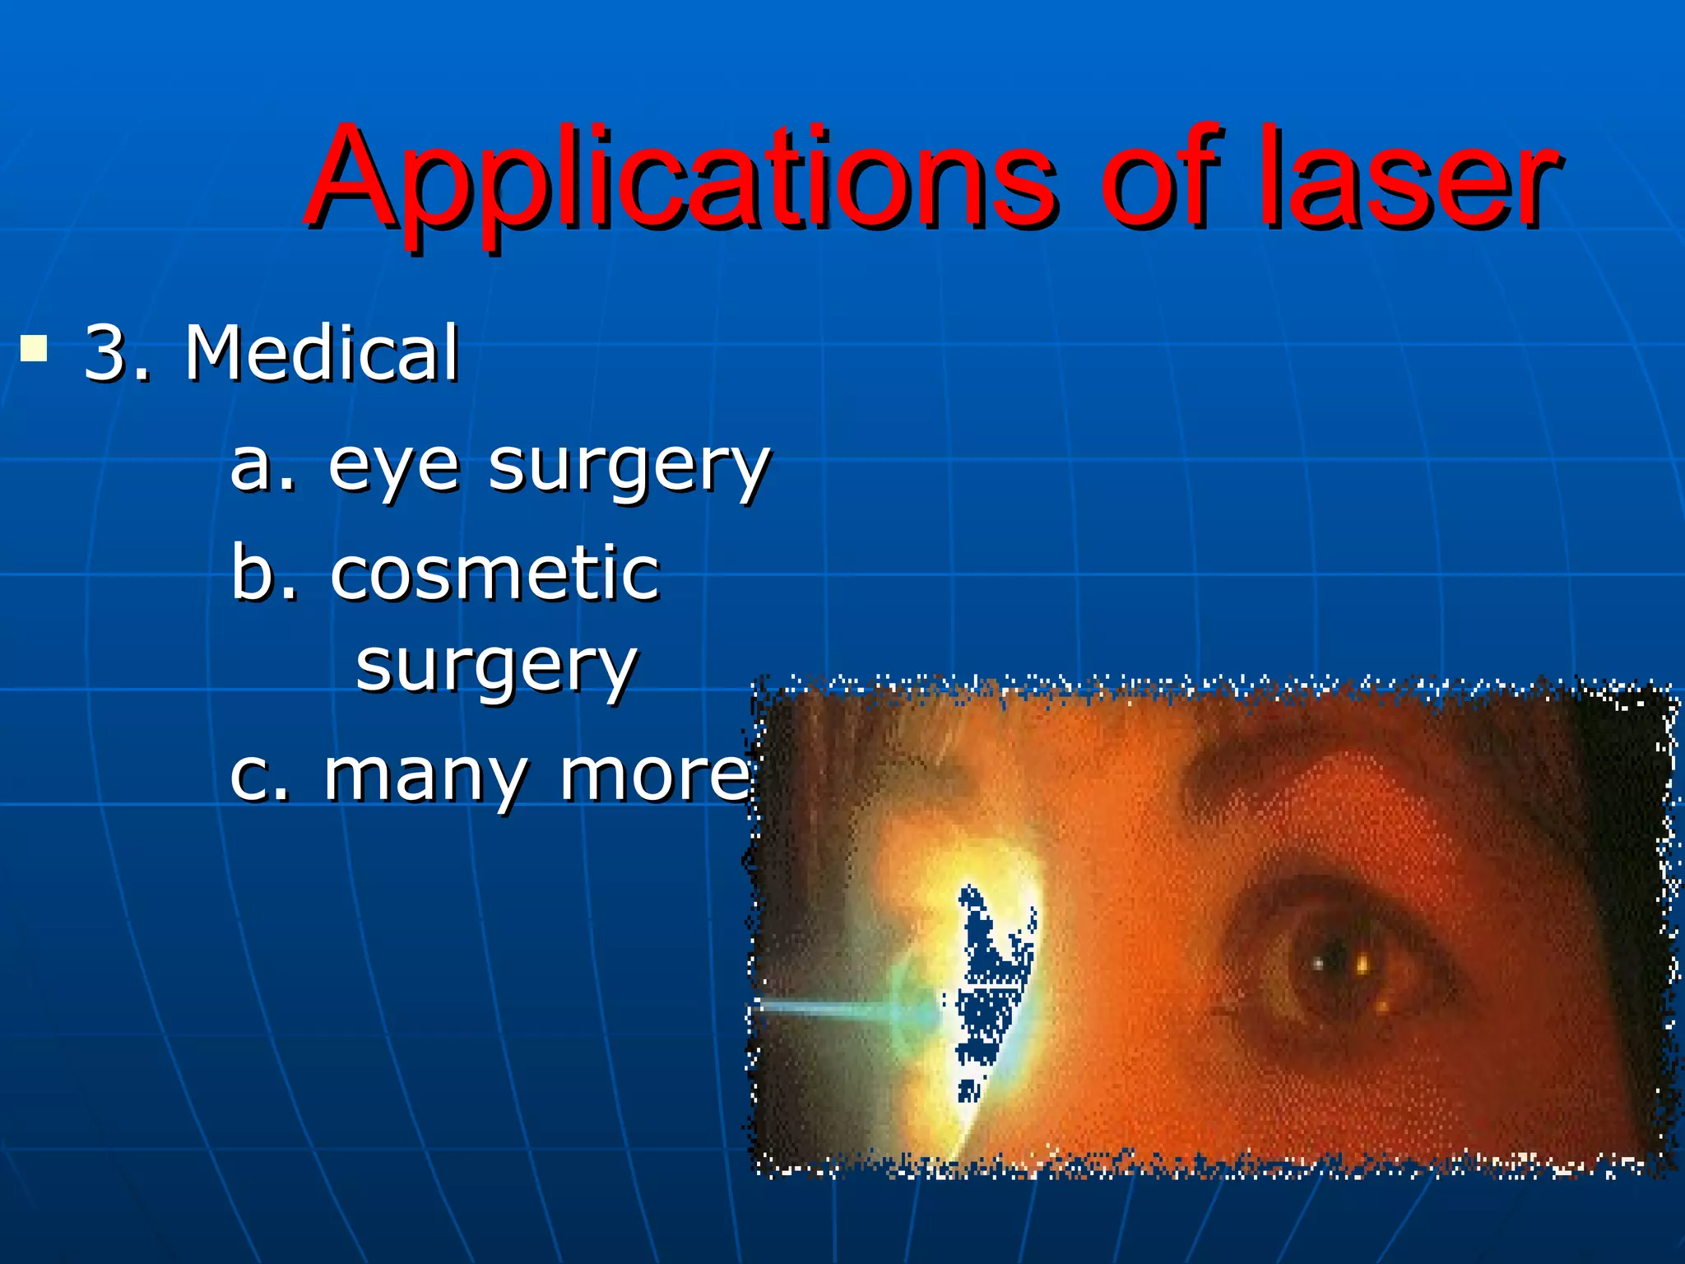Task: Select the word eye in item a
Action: (392, 467)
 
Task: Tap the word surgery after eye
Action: (629, 467)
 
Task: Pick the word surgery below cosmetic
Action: (496, 667)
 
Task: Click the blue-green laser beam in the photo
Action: (831, 1009)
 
